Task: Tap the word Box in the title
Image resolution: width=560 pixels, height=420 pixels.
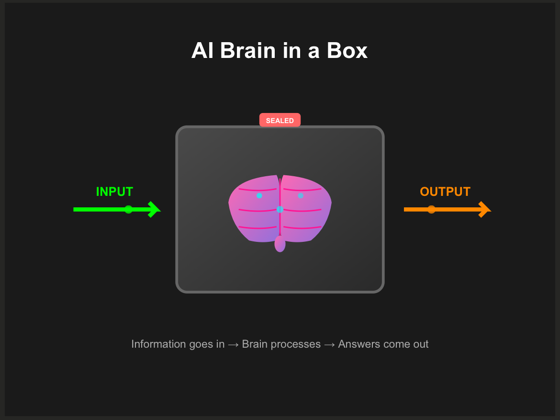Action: [x=347, y=51]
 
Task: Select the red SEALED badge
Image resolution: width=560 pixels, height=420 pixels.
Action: [x=280, y=120]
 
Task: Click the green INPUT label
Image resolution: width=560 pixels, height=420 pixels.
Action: [x=114, y=192]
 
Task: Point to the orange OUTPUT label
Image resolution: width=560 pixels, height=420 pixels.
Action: [x=445, y=192]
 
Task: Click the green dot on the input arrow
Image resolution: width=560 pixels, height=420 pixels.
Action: [x=128, y=209]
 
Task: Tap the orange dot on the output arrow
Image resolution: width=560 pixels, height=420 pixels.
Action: [x=431, y=209]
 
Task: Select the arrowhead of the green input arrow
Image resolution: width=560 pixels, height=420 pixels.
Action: [x=154, y=209]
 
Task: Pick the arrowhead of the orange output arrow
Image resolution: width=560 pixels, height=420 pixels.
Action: [x=485, y=209]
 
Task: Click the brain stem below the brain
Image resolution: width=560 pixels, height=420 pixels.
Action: [x=280, y=244]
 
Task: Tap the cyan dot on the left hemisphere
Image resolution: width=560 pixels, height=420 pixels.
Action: [x=259, y=195]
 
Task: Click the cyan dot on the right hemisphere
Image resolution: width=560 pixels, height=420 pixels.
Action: [x=301, y=195]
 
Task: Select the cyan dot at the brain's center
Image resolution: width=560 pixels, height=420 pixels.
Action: [x=280, y=209]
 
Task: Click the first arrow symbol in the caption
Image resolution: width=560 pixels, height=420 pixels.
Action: [x=233, y=344]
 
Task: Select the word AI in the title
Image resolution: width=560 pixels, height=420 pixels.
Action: [x=202, y=51]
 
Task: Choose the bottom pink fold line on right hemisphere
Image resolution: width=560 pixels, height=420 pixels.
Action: [x=302, y=228]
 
